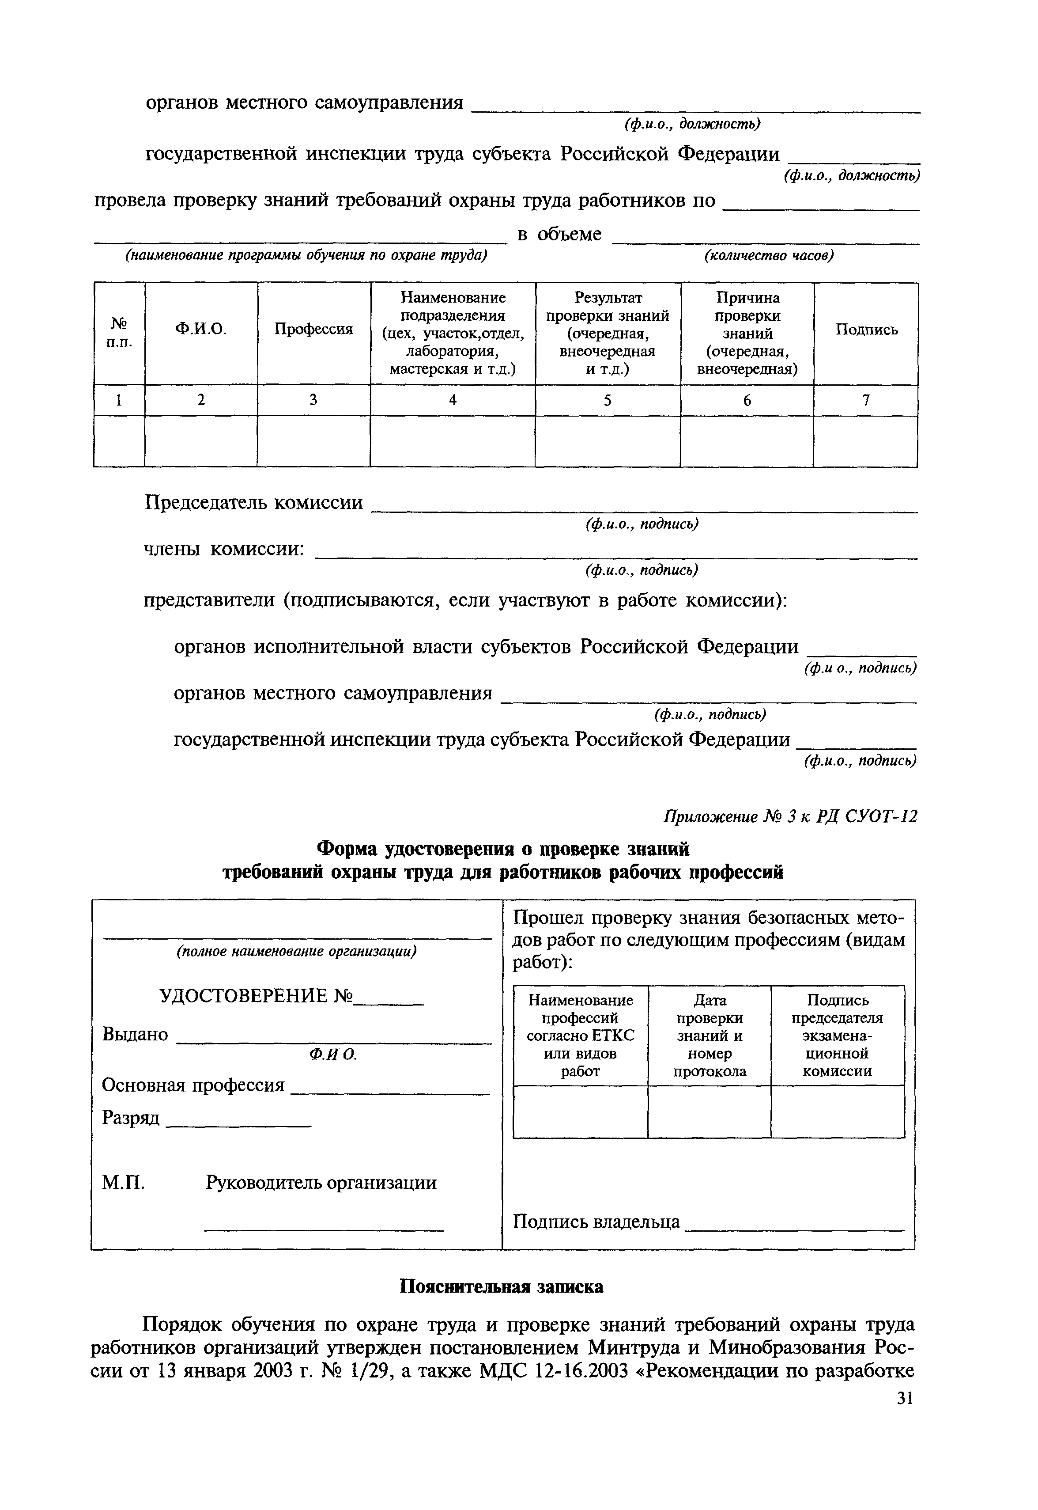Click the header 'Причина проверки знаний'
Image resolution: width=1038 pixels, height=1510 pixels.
pyautogui.click(x=747, y=333)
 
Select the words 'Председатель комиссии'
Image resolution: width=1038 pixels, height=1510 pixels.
pyautogui.click(x=253, y=502)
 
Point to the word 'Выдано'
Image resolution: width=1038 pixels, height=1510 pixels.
pyautogui.click(x=135, y=1034)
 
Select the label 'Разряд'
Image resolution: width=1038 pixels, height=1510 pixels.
pyautogui.click(x=131, y=1118)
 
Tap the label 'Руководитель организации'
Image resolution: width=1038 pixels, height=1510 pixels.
pyautogui.click(x=321, y=1182)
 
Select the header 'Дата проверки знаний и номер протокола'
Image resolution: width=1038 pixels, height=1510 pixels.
pyautogui.click(x=709, y=1035)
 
